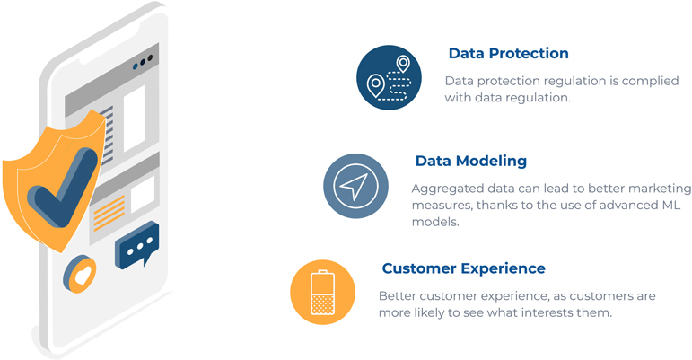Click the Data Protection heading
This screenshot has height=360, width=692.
coord(508,53)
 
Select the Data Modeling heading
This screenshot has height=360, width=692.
coord(471,161)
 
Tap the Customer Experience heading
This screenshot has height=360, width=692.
coord(463,268)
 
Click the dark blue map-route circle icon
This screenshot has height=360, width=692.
coord(389,77)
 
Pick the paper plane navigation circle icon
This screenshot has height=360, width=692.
coord(355,186)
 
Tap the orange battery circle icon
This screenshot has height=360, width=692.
coord(322,292)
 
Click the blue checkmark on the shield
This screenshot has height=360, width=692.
coord(62,189)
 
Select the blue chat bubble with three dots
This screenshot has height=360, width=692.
coord(136,245)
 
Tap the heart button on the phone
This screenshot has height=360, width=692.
coord(80,274)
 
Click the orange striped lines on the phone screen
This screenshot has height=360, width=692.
coord(109,213)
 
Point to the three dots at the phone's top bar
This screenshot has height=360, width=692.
coord(143,63)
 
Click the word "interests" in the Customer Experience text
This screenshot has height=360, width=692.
coord(547,312)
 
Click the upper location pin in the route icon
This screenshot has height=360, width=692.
coord(402,64)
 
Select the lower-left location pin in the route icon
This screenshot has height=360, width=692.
coord(375,85)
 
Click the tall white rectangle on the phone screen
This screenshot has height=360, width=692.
coord(134,119)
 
